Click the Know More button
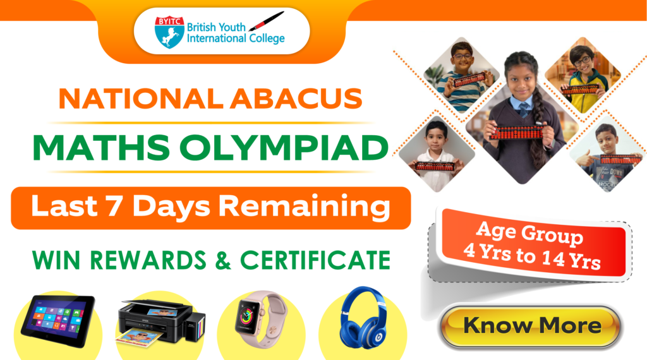532,326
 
